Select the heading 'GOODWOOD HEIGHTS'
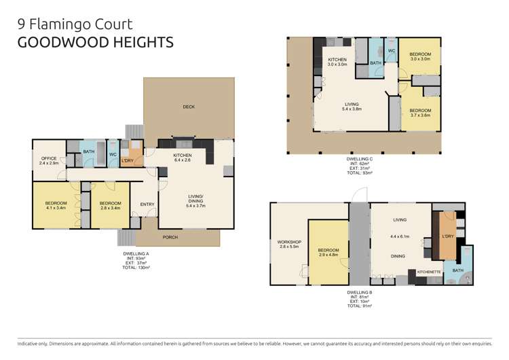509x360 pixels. (94, 42)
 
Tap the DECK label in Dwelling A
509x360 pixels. (189, 107)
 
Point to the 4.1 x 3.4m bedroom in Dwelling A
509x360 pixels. (56, 206)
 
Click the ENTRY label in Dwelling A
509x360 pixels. (147, 204)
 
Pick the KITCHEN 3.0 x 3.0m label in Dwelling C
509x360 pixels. (337, 62)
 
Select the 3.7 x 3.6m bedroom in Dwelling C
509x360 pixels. (420, 113)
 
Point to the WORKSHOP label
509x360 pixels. (288, 245)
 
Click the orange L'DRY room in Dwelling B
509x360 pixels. (447, 237)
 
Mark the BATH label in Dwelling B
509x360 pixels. (457, 270)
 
